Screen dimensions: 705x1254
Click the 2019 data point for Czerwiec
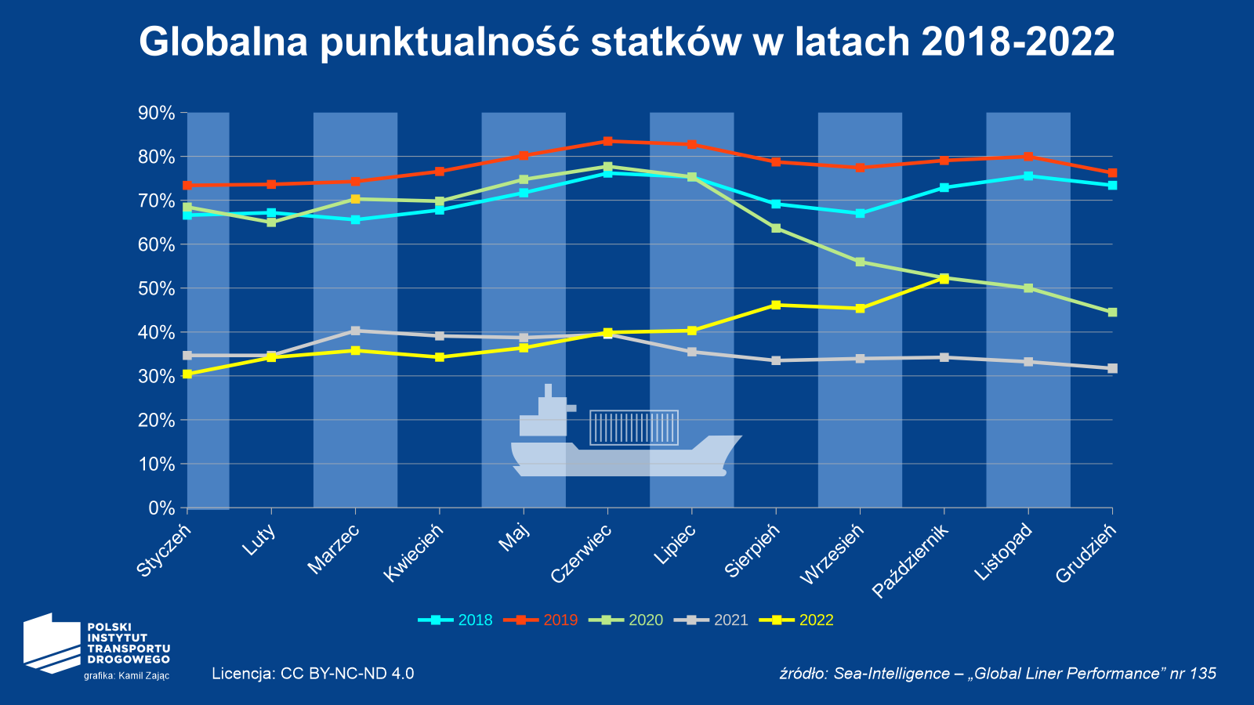click(607, 141)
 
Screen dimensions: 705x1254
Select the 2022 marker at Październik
click(944, 278)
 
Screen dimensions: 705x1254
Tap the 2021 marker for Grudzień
click(1112, 368)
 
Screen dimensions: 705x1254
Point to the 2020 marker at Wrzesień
click(860, 262)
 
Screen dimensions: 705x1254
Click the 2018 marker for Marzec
click(355, 219)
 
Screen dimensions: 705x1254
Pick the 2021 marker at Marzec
click(355, 331)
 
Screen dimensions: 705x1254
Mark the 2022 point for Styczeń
click(187, 374)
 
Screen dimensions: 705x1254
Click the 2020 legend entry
click(632, 620)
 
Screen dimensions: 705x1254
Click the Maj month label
click(516, 540)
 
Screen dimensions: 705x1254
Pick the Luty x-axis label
click(259, 541)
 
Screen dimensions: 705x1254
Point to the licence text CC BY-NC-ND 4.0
click(313, 674)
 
